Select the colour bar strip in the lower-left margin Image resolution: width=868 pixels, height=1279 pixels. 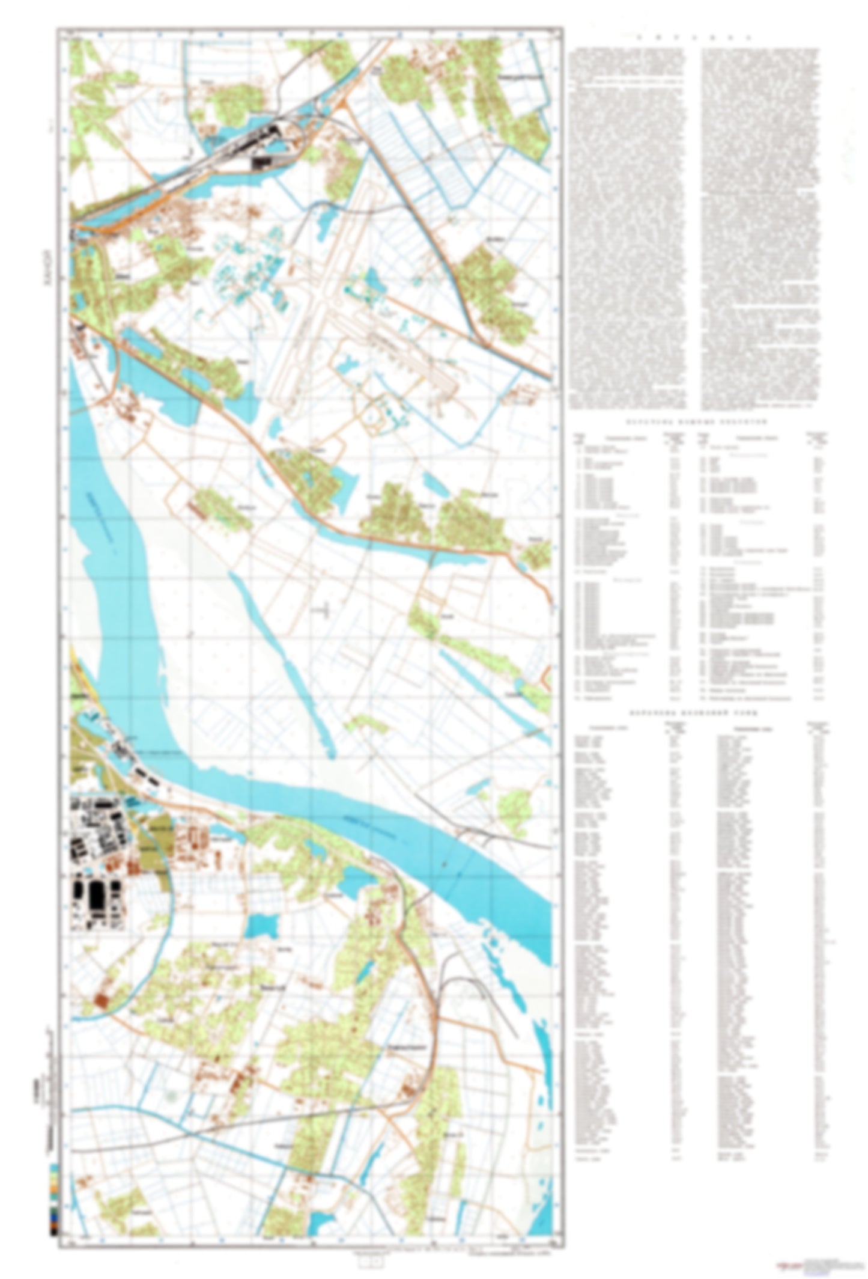tap(53, 1196)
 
